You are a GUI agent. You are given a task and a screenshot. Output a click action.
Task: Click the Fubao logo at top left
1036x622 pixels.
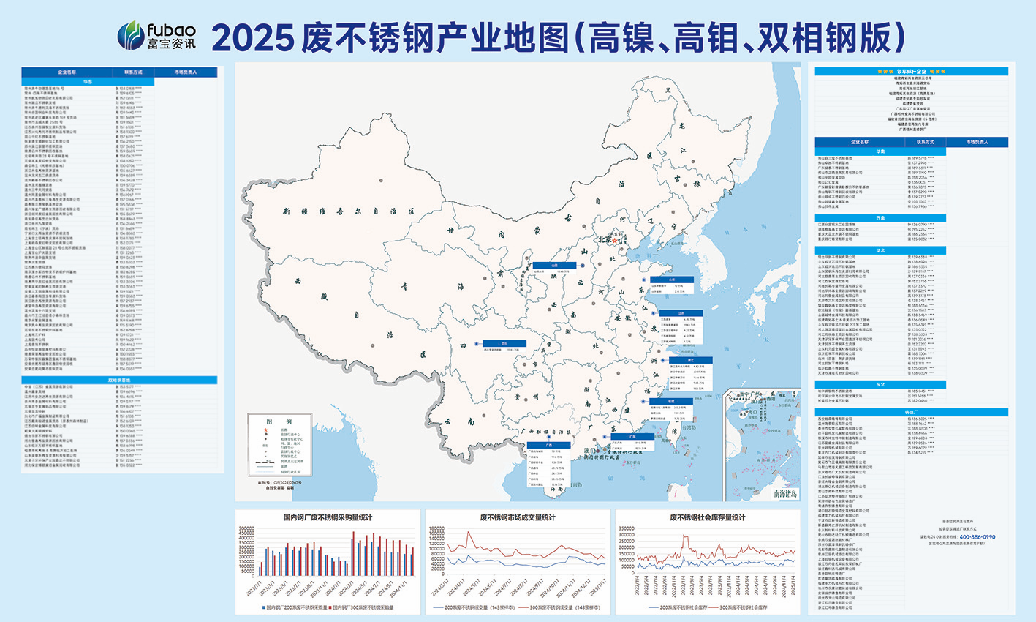[x=156, y=35]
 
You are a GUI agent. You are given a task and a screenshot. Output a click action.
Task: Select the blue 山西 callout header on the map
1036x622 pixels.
[x=554, y=266]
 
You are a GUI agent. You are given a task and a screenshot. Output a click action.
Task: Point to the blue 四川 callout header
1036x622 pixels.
[x=504, y=343]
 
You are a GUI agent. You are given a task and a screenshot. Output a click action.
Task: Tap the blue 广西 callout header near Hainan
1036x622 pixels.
[x=548, y=444]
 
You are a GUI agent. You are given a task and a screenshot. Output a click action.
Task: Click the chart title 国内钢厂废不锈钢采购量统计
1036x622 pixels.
[x=327, y=517]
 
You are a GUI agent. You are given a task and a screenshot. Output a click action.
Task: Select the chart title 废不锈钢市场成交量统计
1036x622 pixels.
[x=517, y=517]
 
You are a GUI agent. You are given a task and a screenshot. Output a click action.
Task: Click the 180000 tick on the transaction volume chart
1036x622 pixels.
[x=436, y=528]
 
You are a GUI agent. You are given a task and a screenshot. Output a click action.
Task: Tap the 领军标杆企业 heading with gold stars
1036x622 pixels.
[x=911, y=72]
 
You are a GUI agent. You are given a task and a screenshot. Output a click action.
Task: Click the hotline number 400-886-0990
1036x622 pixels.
[x=977, y=537]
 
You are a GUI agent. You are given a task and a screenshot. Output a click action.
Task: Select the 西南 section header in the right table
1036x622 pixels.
[x=880, y=218]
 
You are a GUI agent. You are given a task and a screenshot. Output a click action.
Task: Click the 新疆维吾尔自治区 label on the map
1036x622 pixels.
[x=348, y=211]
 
